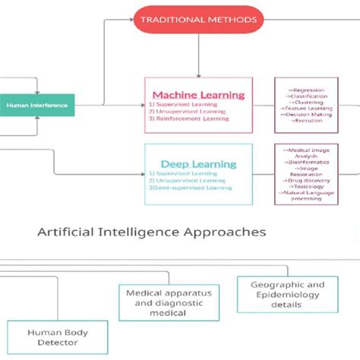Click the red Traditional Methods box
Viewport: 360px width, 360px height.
(x=197, y=19)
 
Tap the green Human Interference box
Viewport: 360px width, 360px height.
(x=37, y=106)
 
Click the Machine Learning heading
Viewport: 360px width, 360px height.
(x=199, y=95)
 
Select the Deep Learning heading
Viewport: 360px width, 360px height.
(x=198, y=163)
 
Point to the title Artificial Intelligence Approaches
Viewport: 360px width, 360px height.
(x=151, y=232)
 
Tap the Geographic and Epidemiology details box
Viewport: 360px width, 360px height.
(x=276, y=294)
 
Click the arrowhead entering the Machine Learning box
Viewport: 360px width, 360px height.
(x=198, y=74)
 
